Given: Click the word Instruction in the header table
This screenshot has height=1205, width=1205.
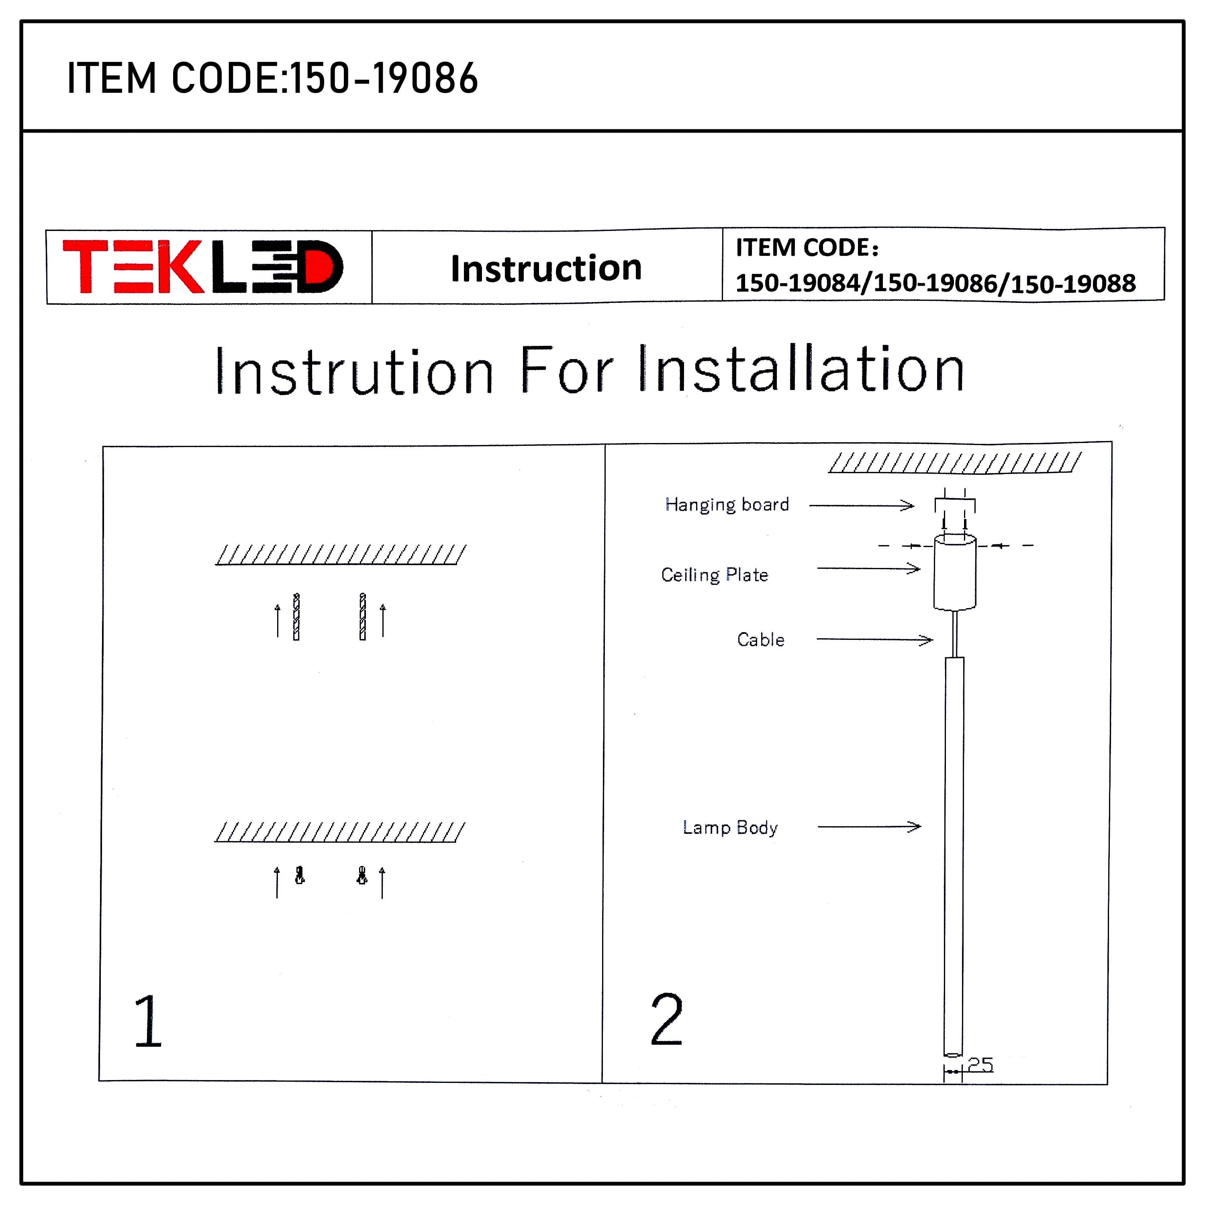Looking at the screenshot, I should (546, 268).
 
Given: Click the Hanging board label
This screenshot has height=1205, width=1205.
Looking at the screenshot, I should (727, 504).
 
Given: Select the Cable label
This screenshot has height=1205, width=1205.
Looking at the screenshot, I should (760, 639).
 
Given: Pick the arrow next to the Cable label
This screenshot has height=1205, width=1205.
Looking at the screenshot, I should (874, 639).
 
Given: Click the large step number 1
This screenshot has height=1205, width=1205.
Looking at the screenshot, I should (148, 1021).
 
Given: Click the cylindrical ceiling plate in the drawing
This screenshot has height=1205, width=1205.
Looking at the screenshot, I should (954, 572).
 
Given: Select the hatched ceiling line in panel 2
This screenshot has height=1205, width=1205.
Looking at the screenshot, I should (954, 463).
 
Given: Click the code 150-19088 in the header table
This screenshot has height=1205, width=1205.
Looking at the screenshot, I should (1073, 284).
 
